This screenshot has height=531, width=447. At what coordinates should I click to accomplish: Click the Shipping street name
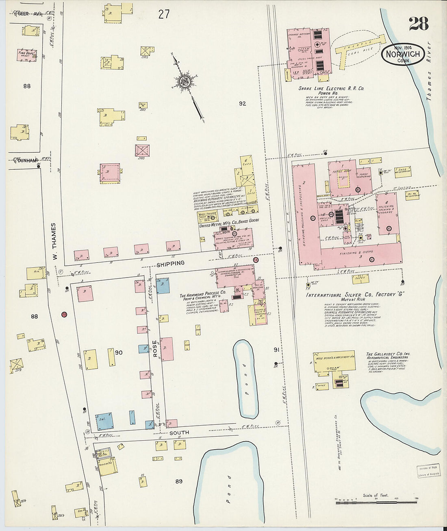pos(170,263)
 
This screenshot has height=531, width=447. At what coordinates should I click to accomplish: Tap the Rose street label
pos(155,349)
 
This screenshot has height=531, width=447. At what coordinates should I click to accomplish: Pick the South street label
pos(179,433)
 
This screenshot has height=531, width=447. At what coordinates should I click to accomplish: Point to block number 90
pos(119,352)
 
